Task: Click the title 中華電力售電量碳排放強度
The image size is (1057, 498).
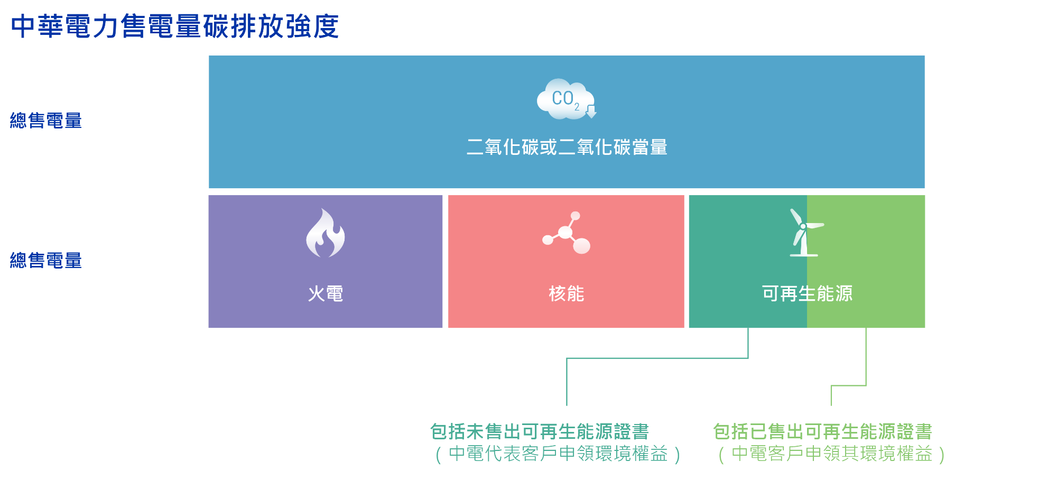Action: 175,26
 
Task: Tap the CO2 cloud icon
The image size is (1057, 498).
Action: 565,99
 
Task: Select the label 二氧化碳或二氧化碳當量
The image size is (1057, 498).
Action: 567,147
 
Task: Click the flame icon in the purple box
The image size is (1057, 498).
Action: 326,233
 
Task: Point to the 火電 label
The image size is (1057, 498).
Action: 326,293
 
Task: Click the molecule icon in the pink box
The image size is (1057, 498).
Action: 567,233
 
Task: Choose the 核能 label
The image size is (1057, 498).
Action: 567,293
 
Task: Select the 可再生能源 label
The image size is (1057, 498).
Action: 807,293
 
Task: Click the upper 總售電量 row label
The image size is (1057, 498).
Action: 46,121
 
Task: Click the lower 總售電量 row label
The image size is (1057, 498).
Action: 46,261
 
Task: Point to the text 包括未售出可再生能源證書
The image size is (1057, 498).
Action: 540,431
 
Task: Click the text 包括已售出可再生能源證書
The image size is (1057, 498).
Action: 822,431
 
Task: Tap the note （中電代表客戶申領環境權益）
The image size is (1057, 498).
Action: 558,454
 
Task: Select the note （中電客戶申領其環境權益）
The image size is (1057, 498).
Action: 831,454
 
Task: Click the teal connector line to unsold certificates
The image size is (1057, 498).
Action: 657,358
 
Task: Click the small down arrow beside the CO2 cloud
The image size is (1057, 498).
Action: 591,112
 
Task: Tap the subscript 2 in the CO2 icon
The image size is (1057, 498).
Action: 577,107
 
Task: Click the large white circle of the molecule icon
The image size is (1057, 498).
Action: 582,246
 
